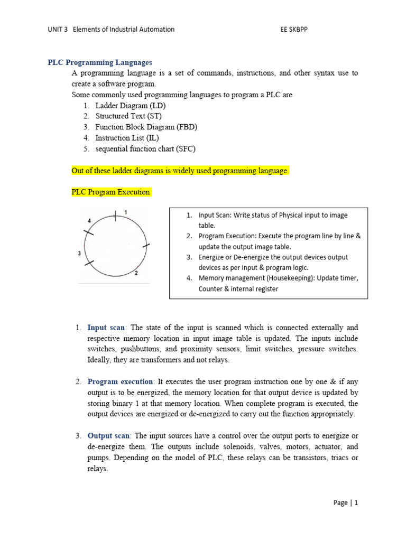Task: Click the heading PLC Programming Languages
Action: click(100, 62)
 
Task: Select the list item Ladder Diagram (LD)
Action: click(130, 106)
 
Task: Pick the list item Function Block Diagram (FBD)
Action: click(146, 127)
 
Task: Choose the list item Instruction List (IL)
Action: click(127, 138)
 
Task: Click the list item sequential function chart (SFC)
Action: click(145, 149)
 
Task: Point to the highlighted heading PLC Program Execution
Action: click(111, 192)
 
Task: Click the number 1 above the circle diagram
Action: click(126, 212)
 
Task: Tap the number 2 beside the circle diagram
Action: click(136, 273)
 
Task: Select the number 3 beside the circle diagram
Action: click(79, 254)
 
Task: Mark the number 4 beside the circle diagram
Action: click(89, 220)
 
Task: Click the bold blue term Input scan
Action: click(106, 328)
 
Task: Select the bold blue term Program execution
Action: click(120, 381)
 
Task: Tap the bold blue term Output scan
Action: click(108, 435)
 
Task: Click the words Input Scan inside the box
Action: click(216, 216)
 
